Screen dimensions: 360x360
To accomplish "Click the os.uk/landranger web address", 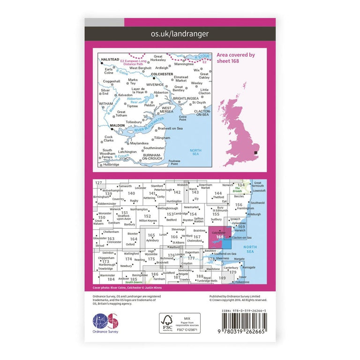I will pos(180,34).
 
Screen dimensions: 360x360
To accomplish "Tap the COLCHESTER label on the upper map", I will pos(162,74).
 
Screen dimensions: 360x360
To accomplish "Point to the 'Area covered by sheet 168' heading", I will pos(235,58).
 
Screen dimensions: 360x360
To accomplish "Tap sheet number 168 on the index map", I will pos(220,237).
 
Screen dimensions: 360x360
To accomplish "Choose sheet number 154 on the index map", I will pos(193,214).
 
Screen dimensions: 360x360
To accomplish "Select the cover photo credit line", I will pos(124,288).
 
